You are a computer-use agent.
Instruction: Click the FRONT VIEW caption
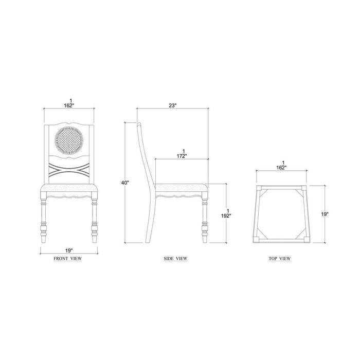(68, 258)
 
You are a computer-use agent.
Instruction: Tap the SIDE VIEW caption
(175, 258)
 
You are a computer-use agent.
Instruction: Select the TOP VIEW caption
(280, 258)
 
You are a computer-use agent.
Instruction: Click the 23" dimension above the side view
(172, 105)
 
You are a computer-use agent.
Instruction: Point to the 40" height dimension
(125, 183)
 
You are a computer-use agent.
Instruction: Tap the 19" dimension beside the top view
(325, 214)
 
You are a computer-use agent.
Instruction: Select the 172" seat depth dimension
(182, 154)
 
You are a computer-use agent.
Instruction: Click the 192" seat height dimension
(226, 213)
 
